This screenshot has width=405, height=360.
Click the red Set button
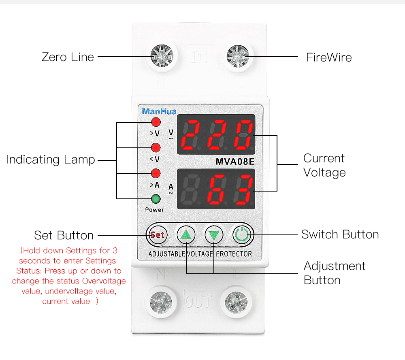[157, 234]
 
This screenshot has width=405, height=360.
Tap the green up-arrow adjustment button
[186, 234]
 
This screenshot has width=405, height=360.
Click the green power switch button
[242, 234]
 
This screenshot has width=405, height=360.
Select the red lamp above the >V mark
[156, 122]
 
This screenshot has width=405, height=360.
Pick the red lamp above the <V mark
[156, 147]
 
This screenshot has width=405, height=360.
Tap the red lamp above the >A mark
[156, 173]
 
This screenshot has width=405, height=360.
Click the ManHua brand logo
[159, 111]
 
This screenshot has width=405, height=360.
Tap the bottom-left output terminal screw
[161, 301]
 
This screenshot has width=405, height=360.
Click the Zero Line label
[68, 57]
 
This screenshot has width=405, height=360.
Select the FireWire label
[329, 57]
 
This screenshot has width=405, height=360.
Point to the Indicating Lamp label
[51, 160]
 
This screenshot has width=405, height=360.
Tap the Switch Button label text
[340, 234]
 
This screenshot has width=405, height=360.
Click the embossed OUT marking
[198, 301]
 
